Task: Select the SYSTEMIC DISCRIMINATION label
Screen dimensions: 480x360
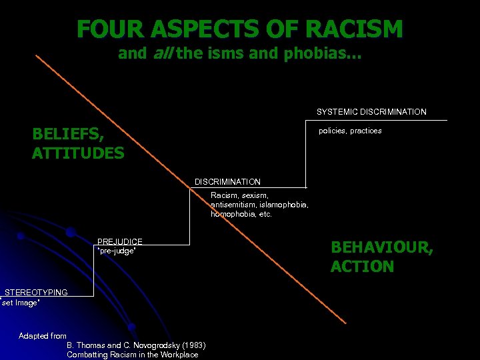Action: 371,112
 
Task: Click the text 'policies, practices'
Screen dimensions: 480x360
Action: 350,131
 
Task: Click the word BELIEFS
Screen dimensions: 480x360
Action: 67,134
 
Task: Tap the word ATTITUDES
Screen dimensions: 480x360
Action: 78,153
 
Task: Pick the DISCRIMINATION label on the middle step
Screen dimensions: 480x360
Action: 227,182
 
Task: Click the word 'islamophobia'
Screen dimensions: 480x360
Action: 283,205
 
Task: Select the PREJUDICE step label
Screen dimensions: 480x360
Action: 120,241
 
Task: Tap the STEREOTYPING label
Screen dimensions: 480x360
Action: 36,293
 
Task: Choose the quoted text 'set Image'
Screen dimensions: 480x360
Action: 21,303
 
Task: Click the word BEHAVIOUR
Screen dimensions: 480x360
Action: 381,247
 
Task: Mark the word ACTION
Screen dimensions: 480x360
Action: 362,267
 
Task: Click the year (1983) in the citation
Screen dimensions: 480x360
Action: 193,345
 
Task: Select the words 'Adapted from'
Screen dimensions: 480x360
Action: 43,336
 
